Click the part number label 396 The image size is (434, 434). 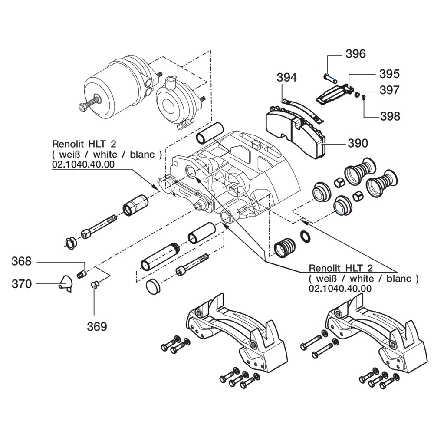[x=355, y=54]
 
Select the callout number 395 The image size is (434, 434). [x=389, y=73]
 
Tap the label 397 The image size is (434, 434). [x=389, y=90]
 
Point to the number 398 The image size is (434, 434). [x=389, y=116]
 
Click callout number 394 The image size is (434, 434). [x=287, y=78]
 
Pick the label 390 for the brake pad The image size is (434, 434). [x=357, y=143]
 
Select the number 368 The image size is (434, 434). [x=22, y=261]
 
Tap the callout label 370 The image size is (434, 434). [x=22, y=284]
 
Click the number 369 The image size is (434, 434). [x=97, y=326]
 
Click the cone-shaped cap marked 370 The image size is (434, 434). [x=66, y=283]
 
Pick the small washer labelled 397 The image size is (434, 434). [x=356, y=95]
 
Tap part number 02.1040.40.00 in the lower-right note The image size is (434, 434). [x=340, y=288]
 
